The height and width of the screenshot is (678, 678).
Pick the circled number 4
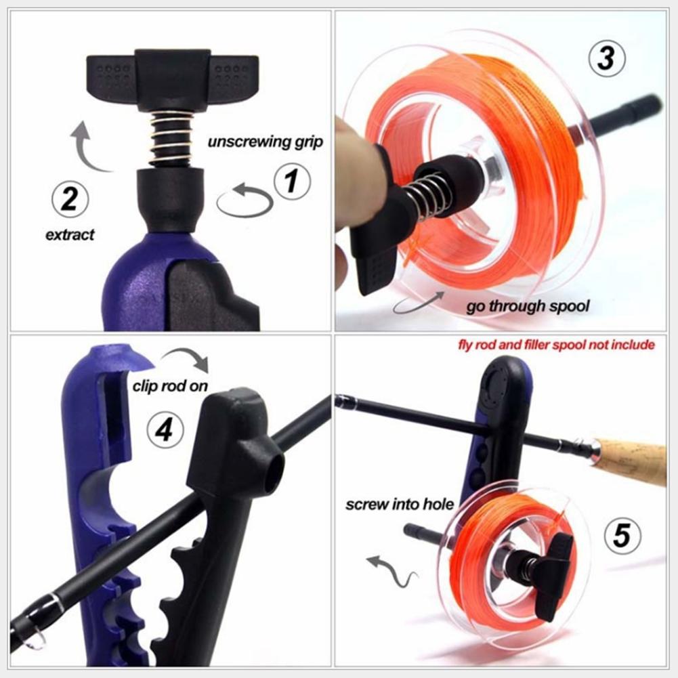tap(165, 429)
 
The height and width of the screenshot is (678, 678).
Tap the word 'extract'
tap(70, 235)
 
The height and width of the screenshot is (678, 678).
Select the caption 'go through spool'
tap(528, 306)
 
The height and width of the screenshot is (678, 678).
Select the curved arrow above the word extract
tap(88, 147)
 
